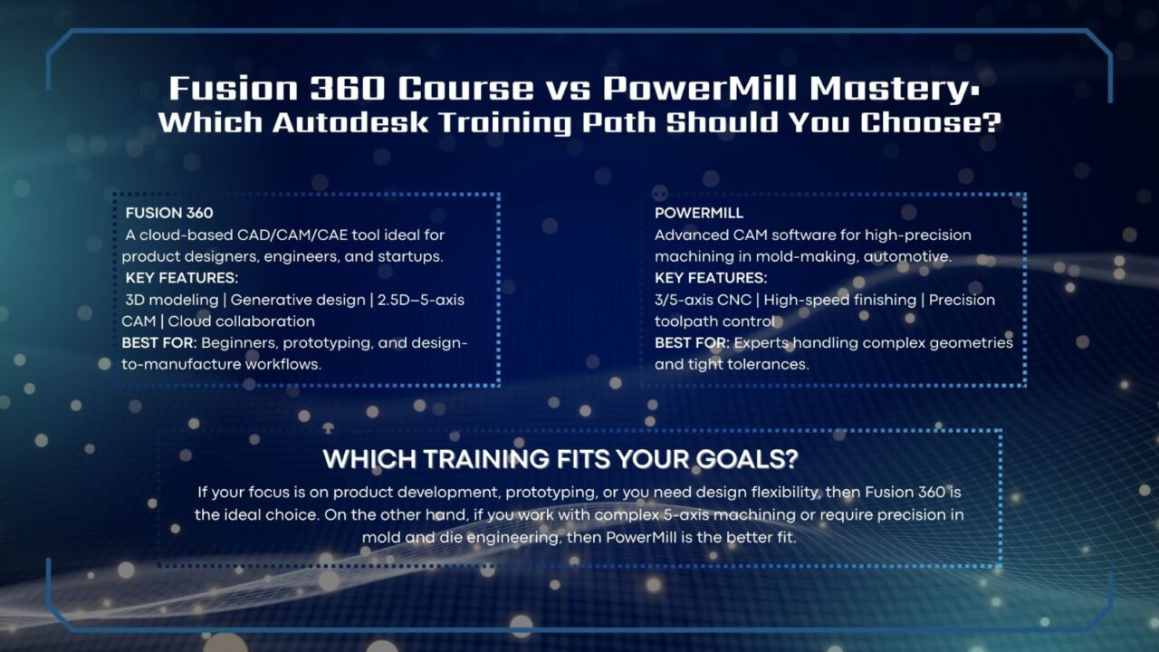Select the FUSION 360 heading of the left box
(x=169, y=213)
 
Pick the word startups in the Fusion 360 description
(x=407, y=256)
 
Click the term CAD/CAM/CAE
(x=288, y=235)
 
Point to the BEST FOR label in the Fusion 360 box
(x=159, y=343)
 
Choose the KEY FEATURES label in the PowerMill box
(x=711, y=278)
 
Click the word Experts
(x=763, y=343)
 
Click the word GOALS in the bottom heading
(x=729, y=459)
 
